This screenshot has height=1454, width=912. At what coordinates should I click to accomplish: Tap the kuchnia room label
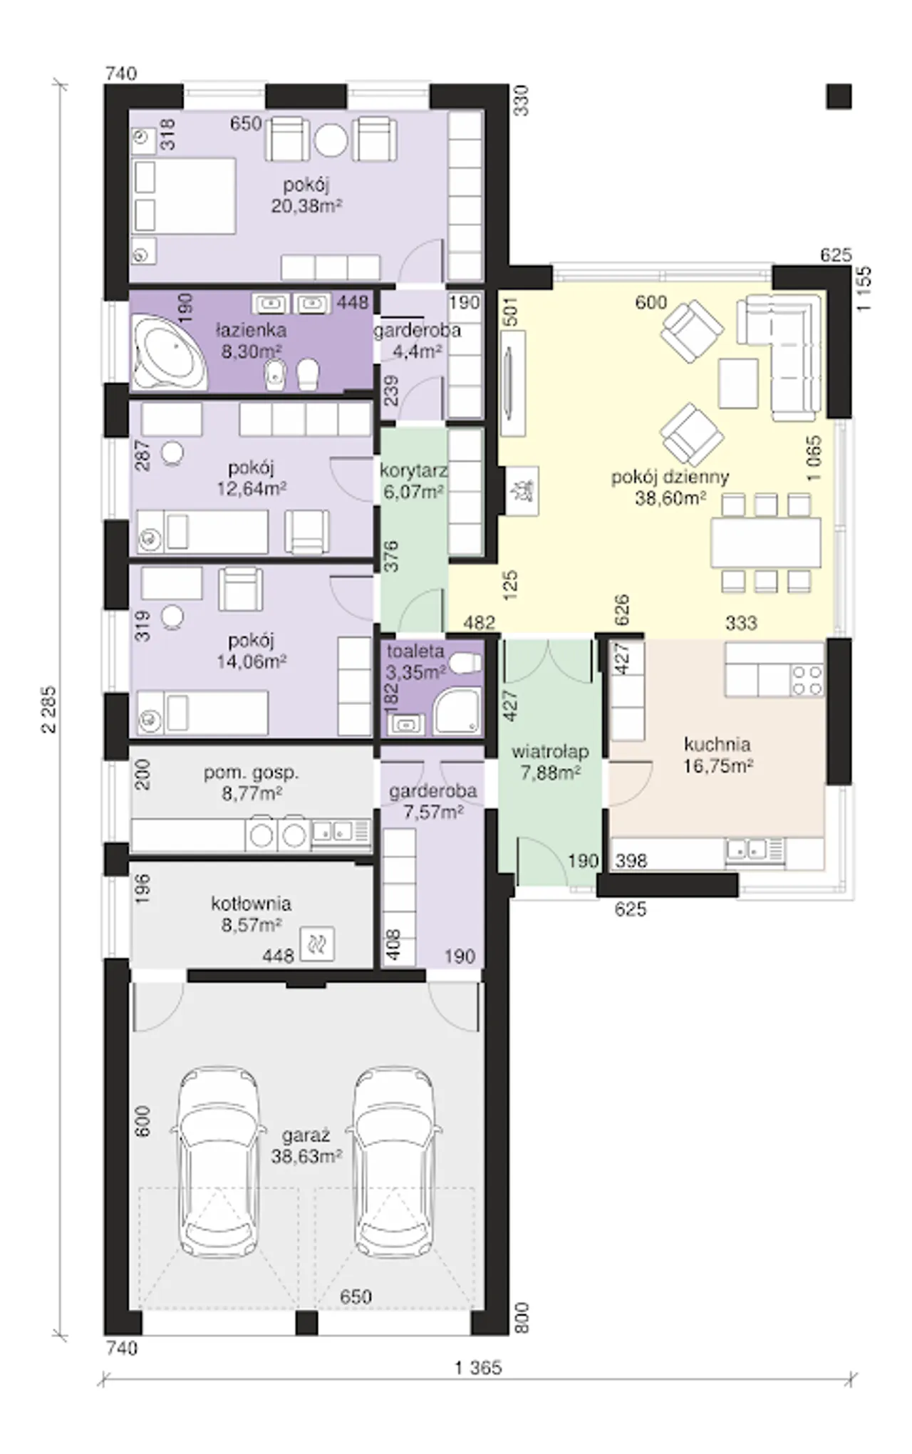(x=717, y=745)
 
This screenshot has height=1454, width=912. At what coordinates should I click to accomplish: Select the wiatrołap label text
(x=550, y=752)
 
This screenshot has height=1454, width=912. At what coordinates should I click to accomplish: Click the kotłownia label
(x=251, y=904)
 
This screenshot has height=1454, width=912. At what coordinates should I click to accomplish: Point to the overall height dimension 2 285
(x=49, y=713)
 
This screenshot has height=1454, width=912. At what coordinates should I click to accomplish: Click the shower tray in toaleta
(x=457, y=711)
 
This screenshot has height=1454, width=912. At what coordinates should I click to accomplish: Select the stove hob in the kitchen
(x=807, y=680)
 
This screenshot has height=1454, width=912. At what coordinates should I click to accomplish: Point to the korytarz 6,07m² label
(x=413, y=481)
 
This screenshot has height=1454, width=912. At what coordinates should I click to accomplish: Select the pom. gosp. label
(x=251, y=773)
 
